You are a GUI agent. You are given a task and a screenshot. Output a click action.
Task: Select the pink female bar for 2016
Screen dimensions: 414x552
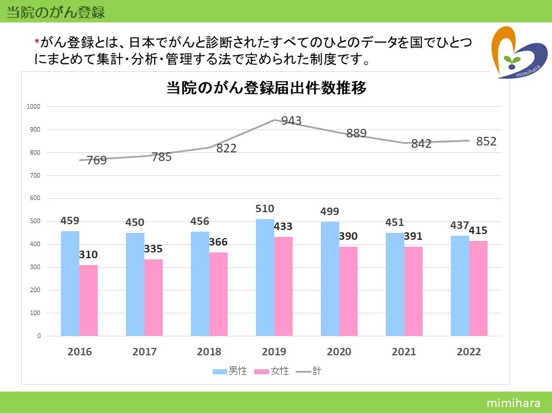(x=89, y=300)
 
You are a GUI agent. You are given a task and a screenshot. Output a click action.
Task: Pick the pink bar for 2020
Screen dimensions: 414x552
(x=348, y=291)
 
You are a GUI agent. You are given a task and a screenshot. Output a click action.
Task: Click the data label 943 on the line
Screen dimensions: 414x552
(x=291, y=121)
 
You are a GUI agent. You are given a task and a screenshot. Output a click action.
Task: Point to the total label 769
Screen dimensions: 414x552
(x=97, y=160)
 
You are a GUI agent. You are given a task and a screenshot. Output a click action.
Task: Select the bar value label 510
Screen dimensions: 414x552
(x=265, y=209)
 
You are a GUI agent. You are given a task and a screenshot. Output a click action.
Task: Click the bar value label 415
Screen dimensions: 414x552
(x=478, y=231)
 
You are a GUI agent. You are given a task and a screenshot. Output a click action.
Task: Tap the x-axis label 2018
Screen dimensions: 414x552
(x=209, y=351)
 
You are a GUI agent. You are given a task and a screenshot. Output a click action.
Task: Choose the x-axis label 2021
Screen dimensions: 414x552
(x=404, y=351)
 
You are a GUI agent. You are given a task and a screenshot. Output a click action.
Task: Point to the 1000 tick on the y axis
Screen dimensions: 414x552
(x=33, y=106)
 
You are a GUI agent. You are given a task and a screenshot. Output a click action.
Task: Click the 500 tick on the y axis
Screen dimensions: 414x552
(x=35, y=221)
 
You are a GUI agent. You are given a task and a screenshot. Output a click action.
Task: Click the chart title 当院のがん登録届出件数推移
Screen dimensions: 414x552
(x=266, y=89)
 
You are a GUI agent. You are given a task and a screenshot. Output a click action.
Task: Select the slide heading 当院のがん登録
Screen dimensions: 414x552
(x=55, y=11)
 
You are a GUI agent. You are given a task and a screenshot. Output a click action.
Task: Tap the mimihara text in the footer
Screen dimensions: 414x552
(x=511, y=402)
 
